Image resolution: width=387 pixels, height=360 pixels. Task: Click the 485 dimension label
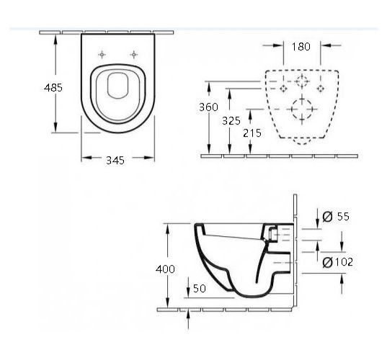[53, 88]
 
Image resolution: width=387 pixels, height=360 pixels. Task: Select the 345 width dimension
[115, 161]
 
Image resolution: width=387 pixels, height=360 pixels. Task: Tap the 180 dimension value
[301, 47]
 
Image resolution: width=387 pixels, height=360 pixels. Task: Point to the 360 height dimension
[208, 107]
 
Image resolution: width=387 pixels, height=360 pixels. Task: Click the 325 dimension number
[231, 121]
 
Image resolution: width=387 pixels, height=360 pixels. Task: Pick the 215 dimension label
[252, 133]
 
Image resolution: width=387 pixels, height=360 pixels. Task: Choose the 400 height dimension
[165, 269]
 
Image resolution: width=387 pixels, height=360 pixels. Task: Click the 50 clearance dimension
[200, 288]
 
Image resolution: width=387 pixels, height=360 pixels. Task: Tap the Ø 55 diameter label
[336, 217]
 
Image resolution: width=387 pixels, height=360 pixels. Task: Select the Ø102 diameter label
[338, 262]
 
